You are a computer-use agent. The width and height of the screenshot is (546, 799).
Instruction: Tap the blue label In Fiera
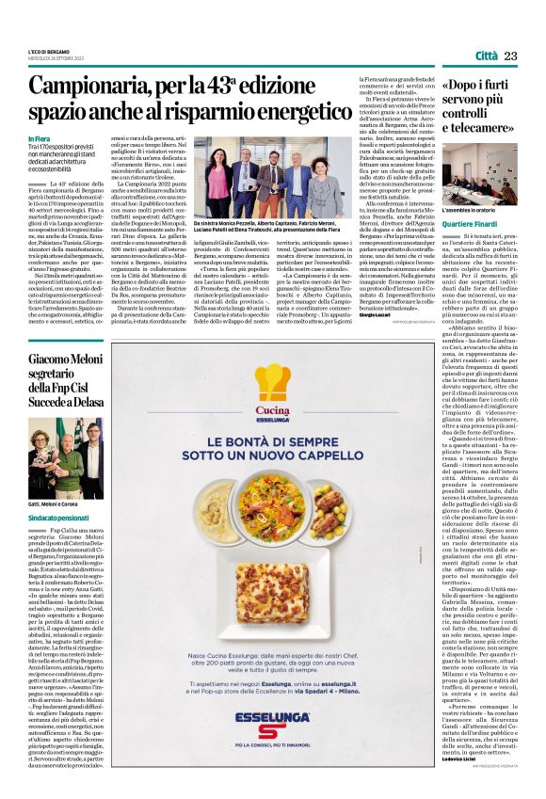tap(40, 139)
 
